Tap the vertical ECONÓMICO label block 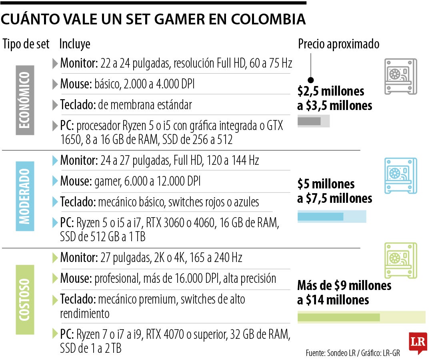click(25, 100)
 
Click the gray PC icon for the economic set click(400, 76)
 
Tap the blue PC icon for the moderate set click(400, 176)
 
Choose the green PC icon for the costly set click(400, 261)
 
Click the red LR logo click(418, 343)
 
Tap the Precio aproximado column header click(338, 44)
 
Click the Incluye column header click(75, 44)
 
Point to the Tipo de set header click(26, 44)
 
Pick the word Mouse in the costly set click(76, 278)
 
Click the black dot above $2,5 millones click(311, 80)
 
